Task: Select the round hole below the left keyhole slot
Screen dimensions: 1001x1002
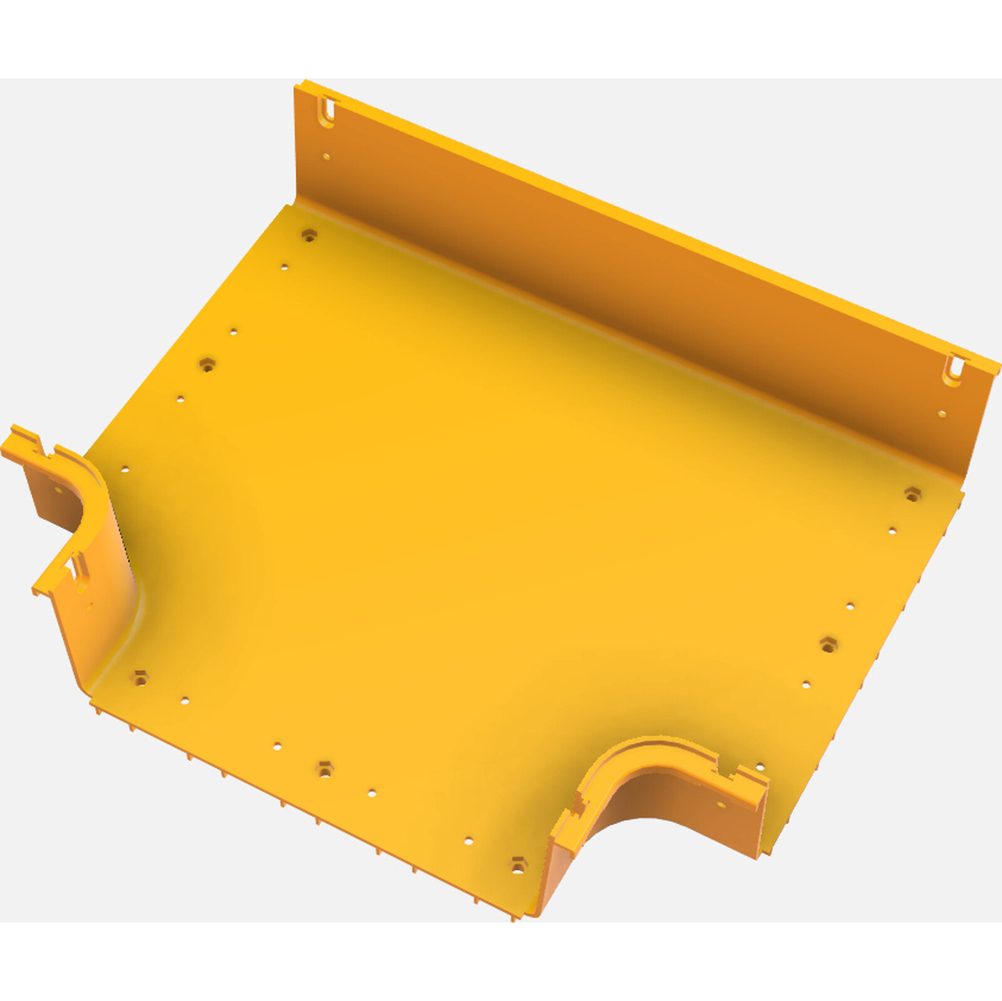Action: [326, 156]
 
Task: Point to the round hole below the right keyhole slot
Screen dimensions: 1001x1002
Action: [941, 413]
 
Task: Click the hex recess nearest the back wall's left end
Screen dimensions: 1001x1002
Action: [309, 236]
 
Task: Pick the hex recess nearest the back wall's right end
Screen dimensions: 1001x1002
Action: [912, 494]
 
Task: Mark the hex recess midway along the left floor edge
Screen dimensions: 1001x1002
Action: [207, 364]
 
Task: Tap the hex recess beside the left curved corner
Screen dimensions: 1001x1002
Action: [140, 677]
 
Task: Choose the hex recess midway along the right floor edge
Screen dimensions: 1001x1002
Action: [828, 644]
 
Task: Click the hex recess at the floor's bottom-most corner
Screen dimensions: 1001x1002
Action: [517, 866]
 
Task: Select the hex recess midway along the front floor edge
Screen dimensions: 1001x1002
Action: [324, 769]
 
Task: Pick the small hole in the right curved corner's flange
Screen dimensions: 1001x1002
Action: [721, 805]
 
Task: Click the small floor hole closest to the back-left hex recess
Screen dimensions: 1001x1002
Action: [284, 267]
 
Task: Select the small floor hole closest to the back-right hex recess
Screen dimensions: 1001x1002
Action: [892, 531]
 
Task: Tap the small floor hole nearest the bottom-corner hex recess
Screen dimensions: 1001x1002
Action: [469, 841]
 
